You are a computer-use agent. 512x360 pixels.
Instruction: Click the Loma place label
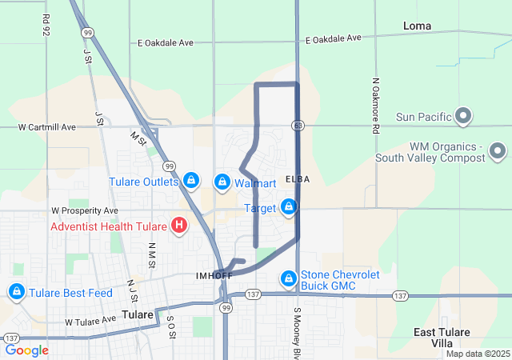coord(417,26)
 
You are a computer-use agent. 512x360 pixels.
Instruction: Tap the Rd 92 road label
coord(46,25)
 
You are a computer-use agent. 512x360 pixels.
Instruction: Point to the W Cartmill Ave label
coord(48,126)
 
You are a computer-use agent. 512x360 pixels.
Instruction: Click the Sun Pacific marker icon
coord(462,118)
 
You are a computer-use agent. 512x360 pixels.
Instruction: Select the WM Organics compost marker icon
coord(497,150)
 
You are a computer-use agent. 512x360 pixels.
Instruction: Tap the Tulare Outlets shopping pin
coord(191,181)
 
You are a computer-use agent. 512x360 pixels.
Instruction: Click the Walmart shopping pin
coord(222,182)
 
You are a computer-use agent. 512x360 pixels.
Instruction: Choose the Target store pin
coord(288,208)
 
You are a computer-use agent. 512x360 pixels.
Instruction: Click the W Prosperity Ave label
coord(85,210)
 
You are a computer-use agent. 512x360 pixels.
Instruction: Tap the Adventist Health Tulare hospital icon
coord(179,226)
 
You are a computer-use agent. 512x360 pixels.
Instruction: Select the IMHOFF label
coord(214,276)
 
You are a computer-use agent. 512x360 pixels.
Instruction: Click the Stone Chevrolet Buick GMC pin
coord(288,278)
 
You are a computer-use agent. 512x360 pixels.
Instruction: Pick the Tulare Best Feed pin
coord(17,292)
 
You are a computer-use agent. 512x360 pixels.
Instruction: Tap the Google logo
coord(27,350)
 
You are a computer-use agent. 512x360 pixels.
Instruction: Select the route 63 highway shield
coord(297,125)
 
